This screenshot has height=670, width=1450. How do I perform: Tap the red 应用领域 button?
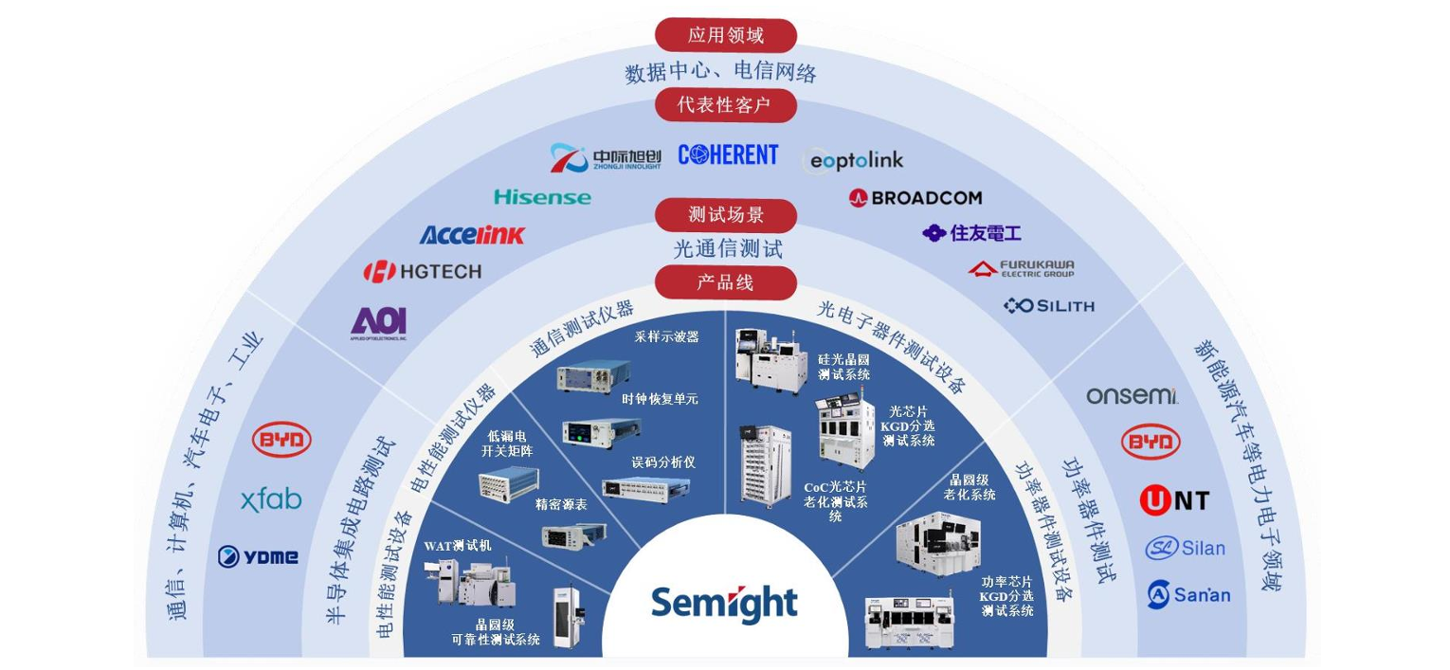(x=725, y=36)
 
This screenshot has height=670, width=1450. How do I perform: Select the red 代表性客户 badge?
(x=725, y=105)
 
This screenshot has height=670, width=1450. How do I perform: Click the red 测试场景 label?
(x=725, y=215)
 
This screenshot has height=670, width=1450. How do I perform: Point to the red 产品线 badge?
(x=725, y=282)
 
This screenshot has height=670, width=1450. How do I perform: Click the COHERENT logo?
(x=728, y=155)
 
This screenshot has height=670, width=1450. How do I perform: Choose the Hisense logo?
(x=542, y=197)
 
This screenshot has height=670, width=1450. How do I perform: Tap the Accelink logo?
(x=471, y=235)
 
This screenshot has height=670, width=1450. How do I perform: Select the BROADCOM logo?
(x=915, y=198)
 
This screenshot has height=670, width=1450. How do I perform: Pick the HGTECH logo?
(x=423, y=272)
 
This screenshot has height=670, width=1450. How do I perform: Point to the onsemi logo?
(x=1132, y=395)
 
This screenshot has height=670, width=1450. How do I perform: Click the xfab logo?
(x=271, y=499)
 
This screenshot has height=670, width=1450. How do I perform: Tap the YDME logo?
(x=258, y=557)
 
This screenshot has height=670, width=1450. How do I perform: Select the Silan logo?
(x=1185, y=548)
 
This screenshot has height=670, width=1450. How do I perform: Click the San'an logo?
(x=1188, y=594)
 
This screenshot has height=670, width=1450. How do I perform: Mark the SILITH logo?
(x=1049, y=305)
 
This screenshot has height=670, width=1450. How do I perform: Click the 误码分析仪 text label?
(x=663, y=462)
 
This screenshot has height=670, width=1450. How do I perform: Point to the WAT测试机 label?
(x=457, y=546)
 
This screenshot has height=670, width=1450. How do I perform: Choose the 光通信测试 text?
(x=728, y=250)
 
